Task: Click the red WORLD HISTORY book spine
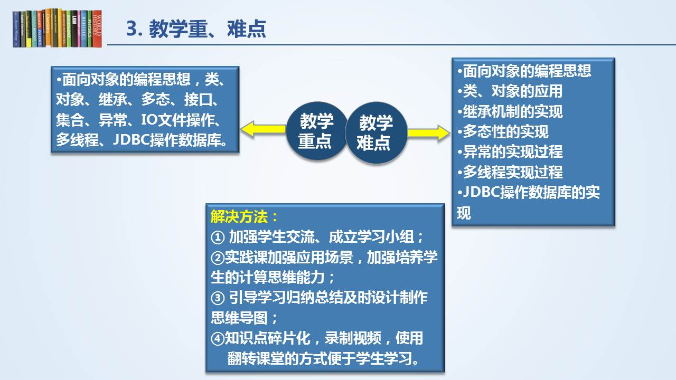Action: click(x=97, y=29)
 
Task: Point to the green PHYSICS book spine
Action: click(x=90, y=29)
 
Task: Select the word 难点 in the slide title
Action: click(x=247, y=29)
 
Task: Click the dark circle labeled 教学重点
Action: click(x=316, y=131)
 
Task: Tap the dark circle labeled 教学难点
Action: click(x=376, y=132)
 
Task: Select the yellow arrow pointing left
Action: click(x=263, y=129)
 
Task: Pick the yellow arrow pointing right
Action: click(x=428, y=133)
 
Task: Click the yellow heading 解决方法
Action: click(x=239, y=217)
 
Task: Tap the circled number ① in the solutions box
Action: click(x=218, y=237)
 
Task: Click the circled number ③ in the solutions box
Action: click(x=218, y=298)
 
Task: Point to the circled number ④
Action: click(x=218, y=338)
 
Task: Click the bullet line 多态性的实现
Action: click(x=503, y=132)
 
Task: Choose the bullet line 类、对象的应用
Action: click(x=510, y=91)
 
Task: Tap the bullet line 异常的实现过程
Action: click(x=510, y=151)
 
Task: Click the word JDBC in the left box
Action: click(x=132, y=140)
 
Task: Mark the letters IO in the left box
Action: click(x=148, y=120)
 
